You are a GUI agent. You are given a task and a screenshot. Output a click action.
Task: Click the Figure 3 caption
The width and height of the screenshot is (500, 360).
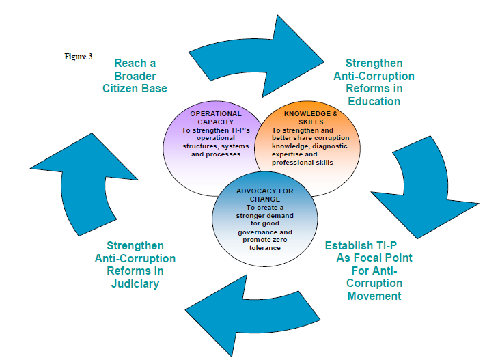pos(79,57)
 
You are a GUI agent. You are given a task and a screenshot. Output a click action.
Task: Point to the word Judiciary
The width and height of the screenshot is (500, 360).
pos(135,283)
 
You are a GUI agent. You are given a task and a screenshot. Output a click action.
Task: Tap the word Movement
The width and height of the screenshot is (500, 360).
pos(374,296)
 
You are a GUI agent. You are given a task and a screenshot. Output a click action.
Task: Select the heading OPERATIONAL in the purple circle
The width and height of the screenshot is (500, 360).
pos(216,113)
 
